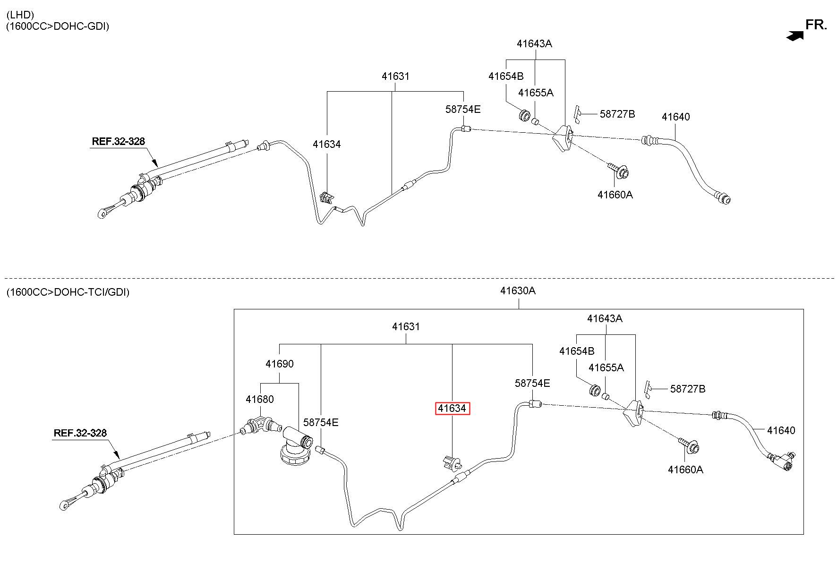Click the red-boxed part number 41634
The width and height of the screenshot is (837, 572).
[x=452, y=409]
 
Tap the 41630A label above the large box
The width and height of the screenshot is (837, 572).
[x=518, y=290]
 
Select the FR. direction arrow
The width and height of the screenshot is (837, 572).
[x=795, y=35]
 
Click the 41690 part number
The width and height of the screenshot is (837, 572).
[x=279, y=364]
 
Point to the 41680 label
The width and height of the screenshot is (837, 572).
[x=259, y=399]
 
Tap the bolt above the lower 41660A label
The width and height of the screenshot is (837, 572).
[x=689, y=445]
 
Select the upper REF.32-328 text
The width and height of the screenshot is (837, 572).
[x=118, y=141]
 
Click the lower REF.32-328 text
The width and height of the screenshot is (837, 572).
[x=80, y=433]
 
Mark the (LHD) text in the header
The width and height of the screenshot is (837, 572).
[x=20, y=15]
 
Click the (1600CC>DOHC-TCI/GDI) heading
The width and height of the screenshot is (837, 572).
[x=68, y=292]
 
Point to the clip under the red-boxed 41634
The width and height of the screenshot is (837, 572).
[x=452, y=463]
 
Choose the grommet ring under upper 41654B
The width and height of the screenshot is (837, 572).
[x=524, y=116]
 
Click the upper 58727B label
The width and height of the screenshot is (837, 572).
[x=617, y=114]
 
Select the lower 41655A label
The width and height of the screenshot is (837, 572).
[x=606, y=367]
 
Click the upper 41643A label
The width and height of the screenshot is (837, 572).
[x=534, y=43]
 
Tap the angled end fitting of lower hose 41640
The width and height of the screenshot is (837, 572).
[x=783, y=460]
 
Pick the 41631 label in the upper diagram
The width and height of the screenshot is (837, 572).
[x=396, y=76]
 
